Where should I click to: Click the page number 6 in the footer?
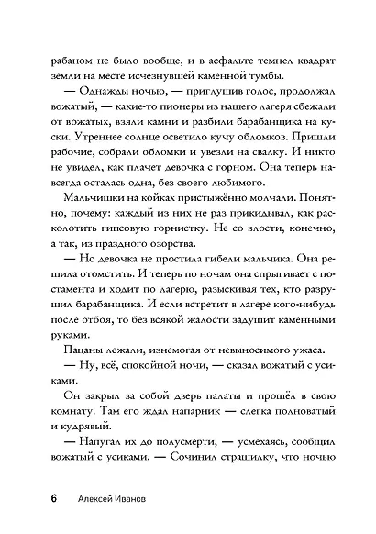(x=55, y=499)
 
